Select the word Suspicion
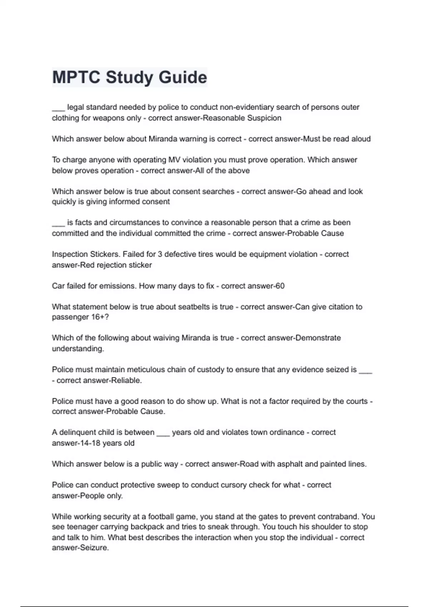point(264,118)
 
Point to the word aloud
point(361,139)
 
